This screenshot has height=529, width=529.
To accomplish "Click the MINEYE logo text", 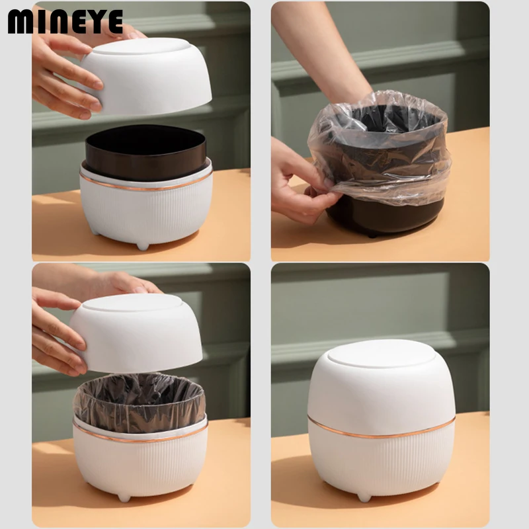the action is (65, 22).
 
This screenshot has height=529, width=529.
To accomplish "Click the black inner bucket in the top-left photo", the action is (145, 153).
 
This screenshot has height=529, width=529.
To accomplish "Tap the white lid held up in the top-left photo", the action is (145, 75).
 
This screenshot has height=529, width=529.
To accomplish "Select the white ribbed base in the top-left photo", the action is (145, 208).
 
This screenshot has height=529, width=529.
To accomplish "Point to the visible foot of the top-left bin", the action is (142, 246).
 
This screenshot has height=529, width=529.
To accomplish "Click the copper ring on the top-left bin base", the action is (145, 186).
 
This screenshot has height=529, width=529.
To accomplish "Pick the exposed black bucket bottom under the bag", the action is (385, 216).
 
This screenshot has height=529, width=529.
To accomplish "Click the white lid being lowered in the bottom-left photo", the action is (136, 333).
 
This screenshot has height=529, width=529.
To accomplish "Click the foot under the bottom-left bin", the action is (124, 497).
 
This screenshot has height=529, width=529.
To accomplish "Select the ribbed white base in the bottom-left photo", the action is (140, 466).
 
